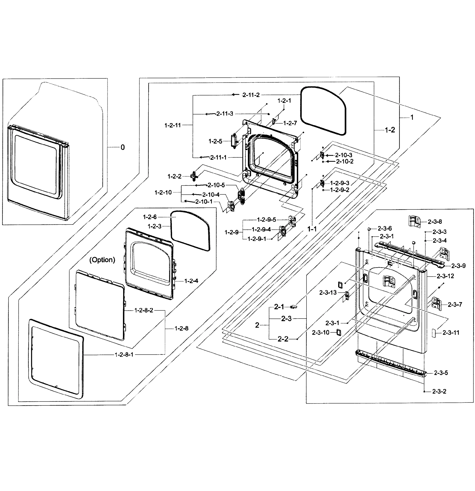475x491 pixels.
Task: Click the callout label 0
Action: click(x=123, y=147)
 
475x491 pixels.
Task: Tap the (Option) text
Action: click(x=102, y=260)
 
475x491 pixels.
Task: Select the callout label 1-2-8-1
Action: click(x=124, y=355)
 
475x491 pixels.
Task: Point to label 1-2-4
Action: click(x=191, y=281)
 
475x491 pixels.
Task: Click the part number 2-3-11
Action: click(x=451, y=333)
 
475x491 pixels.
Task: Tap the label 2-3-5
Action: click(x=441, y=373)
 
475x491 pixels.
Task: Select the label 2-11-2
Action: click(x=251, y=95)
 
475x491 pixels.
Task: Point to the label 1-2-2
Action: click(x=174, y=176)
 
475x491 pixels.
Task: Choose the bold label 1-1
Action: click(x=312, y=229)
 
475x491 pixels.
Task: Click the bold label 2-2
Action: click(x=283, y=339)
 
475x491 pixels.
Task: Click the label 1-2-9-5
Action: click(x=266, y=220)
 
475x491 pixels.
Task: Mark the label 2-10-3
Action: click(x=343, y=155)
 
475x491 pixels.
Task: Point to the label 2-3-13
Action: click(x=328, y=292)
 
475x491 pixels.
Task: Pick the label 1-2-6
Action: click(x=150, y=217)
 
